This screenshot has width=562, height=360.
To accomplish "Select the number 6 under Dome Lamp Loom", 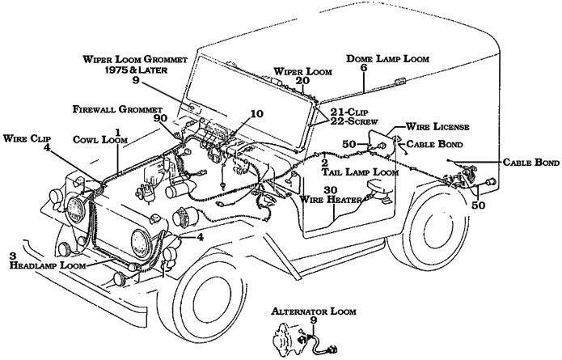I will [363, 69].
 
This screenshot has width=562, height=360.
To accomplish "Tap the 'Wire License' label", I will [437, 127].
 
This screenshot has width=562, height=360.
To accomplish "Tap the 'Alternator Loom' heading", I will [306, 310].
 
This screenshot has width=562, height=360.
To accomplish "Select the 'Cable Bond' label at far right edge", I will [530, 163].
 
